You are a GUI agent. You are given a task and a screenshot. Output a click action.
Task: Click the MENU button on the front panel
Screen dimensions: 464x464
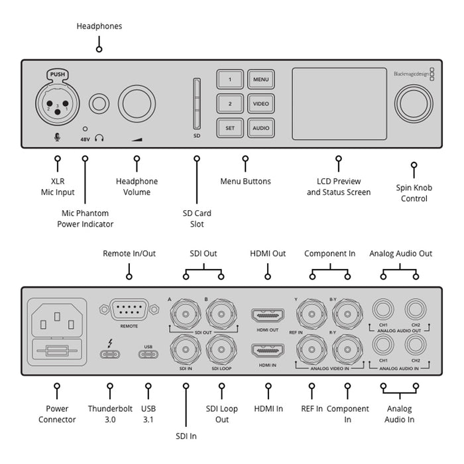pos(261,80)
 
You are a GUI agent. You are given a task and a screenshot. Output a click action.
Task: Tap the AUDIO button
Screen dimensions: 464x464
pos(261,128)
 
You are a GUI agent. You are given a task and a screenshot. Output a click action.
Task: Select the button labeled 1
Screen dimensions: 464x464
pos(230,80)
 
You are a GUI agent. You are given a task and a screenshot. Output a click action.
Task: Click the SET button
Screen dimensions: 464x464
pos(230,128)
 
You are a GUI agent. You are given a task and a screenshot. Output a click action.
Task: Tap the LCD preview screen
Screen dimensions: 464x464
pos(338,105)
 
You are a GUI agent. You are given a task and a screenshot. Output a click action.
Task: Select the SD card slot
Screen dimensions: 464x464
pos(197,104)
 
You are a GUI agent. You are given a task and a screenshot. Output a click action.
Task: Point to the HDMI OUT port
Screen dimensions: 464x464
pos(268,314)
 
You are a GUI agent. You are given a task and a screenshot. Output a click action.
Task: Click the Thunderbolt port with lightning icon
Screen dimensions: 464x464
pos(109,353)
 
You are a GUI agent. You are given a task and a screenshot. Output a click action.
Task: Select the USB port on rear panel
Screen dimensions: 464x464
pos(147,353)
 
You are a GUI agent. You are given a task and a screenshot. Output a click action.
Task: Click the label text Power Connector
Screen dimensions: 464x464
pos(57,414)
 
